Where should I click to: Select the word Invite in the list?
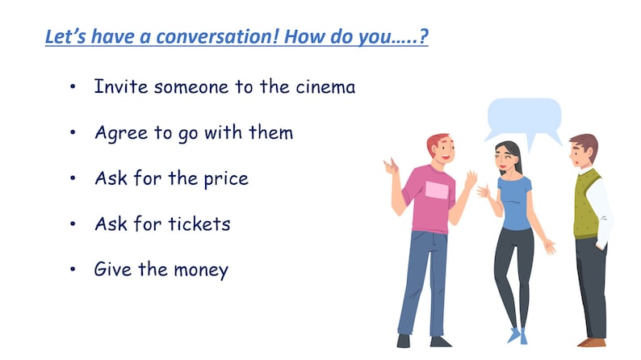point(117,86)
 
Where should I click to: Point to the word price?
point(222,178)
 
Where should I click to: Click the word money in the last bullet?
point(199,270)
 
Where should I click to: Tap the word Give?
point(112,270)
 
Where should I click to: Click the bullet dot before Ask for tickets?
point(74,224)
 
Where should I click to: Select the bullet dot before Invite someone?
point(74,87)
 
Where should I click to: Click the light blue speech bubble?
point(524,118)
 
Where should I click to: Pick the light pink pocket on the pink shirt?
point(436,190)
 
